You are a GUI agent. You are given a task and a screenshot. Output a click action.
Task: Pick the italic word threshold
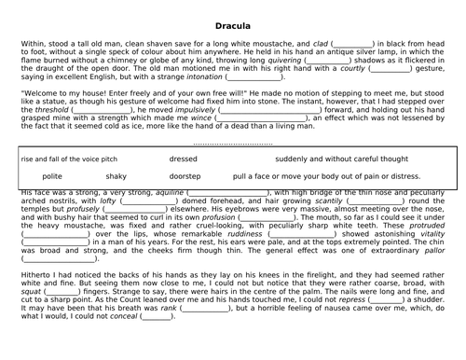[51, 109]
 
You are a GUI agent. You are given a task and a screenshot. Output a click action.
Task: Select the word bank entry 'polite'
[52, 175]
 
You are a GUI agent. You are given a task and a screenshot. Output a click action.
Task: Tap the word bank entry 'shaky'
[116, 175]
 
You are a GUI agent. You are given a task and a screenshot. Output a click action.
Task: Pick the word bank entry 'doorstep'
[185, 175]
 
